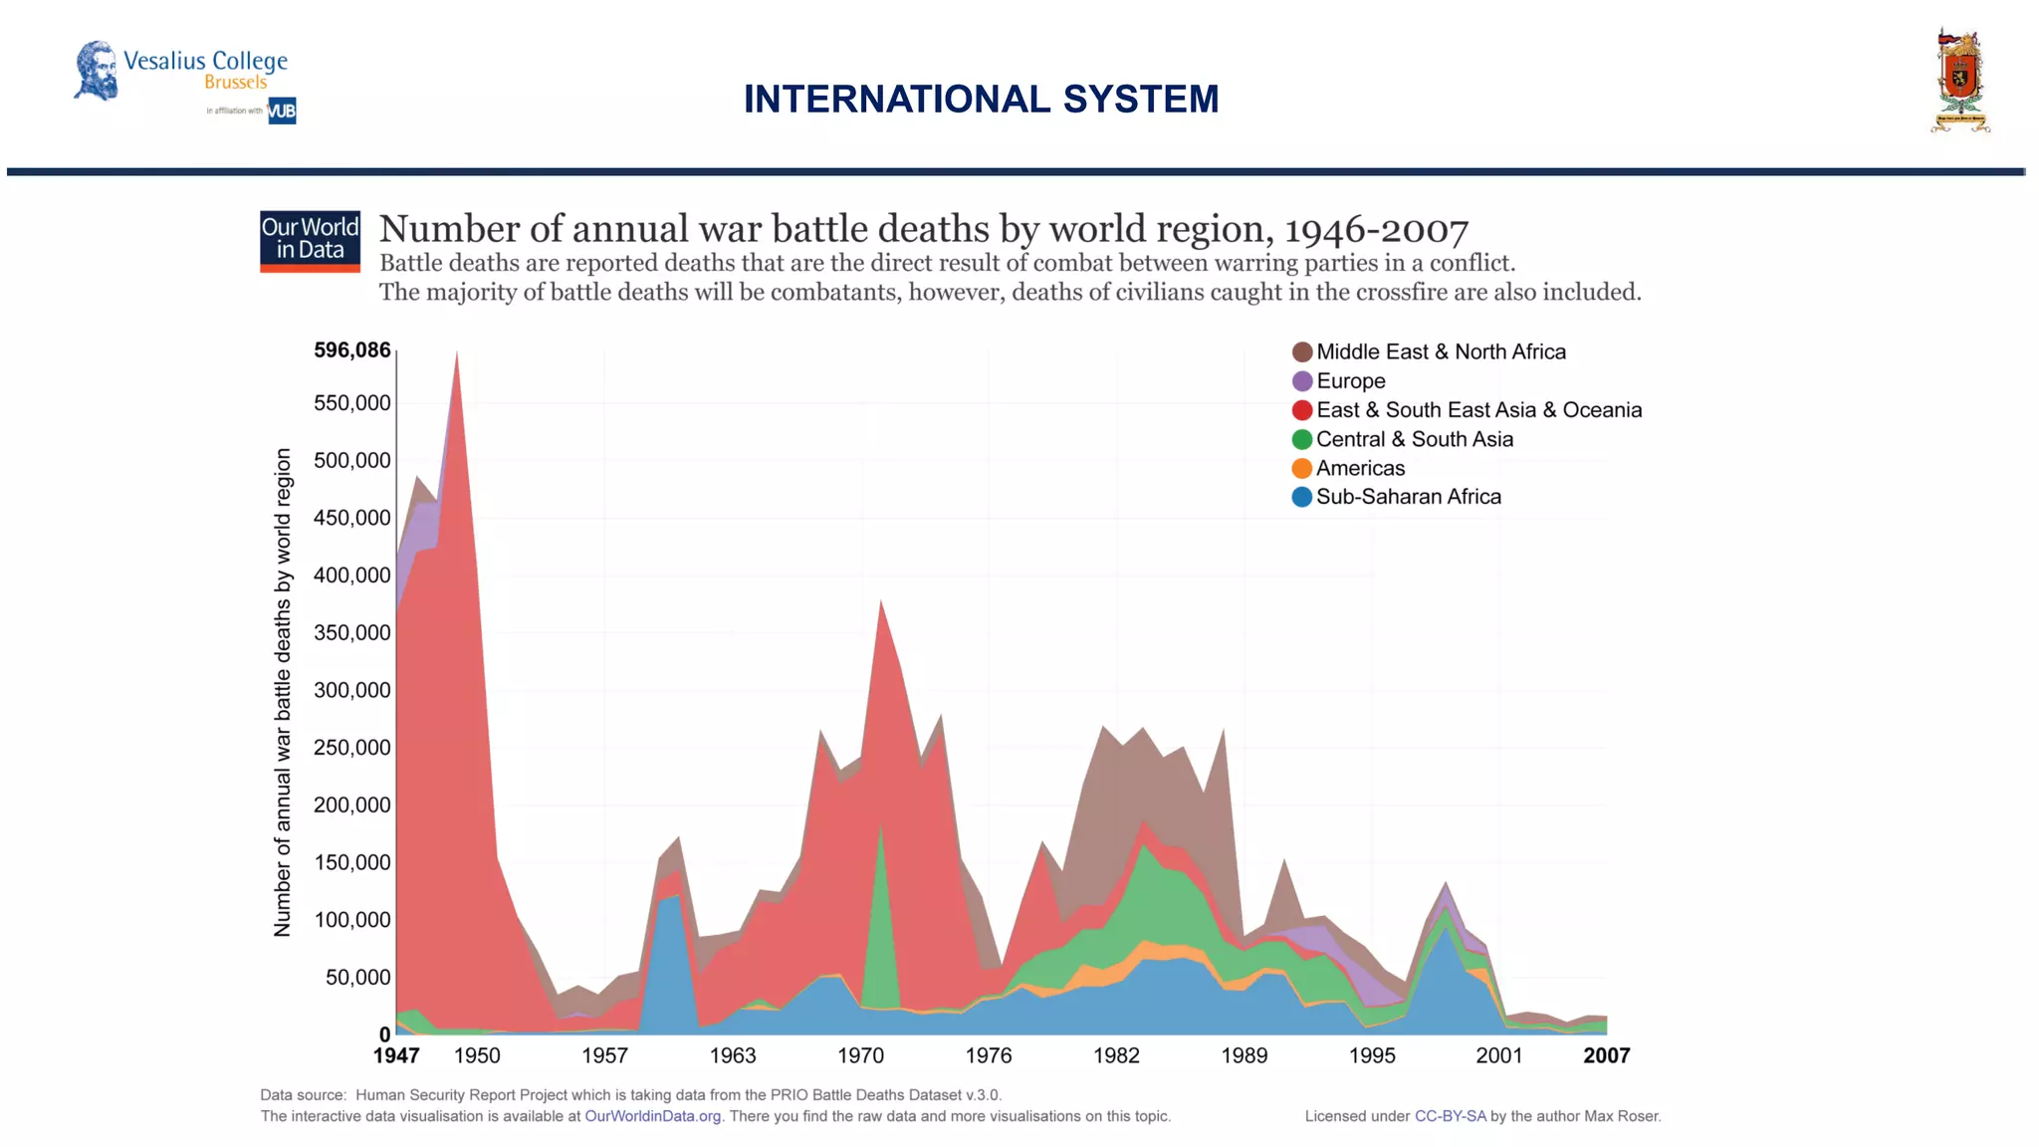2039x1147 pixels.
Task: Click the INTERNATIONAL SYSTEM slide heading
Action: point(981,99)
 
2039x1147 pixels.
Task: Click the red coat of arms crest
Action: point(1959,82)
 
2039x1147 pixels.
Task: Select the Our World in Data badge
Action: point(310,240)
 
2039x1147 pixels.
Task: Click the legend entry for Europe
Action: point(1349,381)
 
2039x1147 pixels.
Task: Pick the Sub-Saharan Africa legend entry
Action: point(1407,497)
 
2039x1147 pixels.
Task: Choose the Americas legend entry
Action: point(1359,468)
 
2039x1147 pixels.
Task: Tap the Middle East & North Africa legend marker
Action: point(1301,352)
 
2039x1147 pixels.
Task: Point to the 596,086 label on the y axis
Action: point(351,350)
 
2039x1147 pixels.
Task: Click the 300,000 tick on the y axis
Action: point(351,690)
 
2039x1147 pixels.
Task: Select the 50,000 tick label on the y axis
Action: point(357,978)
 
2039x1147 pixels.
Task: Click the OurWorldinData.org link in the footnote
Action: point(652,1116)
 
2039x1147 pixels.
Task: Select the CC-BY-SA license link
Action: point(1450,1116)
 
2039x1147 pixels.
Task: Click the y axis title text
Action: point(283,692)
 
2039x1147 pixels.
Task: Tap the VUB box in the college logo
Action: point(282,111)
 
